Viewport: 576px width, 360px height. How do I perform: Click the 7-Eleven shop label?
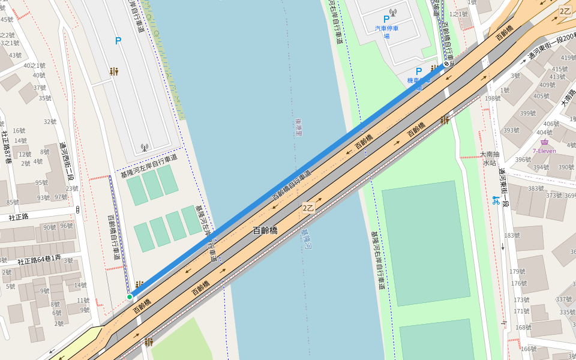coord(544,151)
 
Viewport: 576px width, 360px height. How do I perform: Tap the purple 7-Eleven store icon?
coord(544,142)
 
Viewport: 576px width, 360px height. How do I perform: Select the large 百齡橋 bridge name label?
coord(265,230)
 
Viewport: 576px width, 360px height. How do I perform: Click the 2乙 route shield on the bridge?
coord(308,208)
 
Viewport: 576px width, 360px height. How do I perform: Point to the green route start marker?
coord(130,297)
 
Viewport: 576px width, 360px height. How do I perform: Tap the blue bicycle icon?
coord(496,200)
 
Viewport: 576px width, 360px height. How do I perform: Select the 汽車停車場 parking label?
coord(387,32)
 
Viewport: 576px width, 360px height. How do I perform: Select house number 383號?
coord(536,188)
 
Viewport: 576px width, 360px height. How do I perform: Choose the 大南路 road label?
coord(566,97)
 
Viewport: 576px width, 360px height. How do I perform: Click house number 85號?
coord(13,203)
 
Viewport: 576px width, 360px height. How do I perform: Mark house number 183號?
coord(512,236)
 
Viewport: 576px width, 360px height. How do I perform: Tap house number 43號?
coord(15,56)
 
